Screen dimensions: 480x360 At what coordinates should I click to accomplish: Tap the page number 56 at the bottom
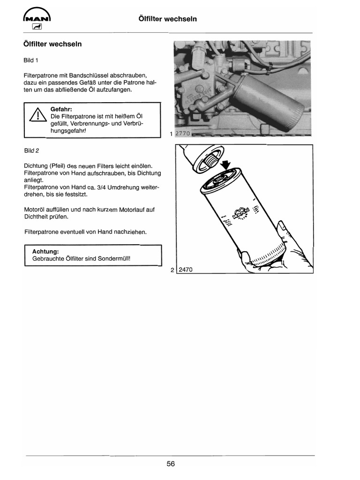(171, 464)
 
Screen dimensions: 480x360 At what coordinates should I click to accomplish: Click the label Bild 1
(30, 60)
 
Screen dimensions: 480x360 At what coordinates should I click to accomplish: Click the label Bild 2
(31, 150)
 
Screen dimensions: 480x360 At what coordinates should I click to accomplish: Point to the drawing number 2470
(185, 270)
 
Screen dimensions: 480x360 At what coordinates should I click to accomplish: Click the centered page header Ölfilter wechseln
(168, 19)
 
